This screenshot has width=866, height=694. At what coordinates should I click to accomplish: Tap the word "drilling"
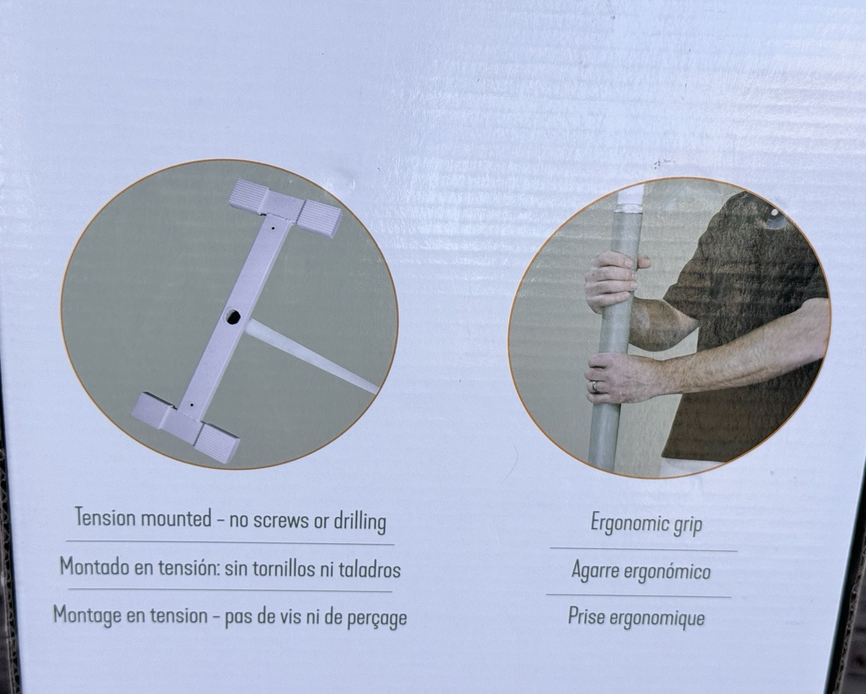[x=360, y=522]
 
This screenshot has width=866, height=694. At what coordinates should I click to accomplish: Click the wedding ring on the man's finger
[x=594, y=386]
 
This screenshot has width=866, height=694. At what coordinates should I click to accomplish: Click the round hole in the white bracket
[x=232, y=316]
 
